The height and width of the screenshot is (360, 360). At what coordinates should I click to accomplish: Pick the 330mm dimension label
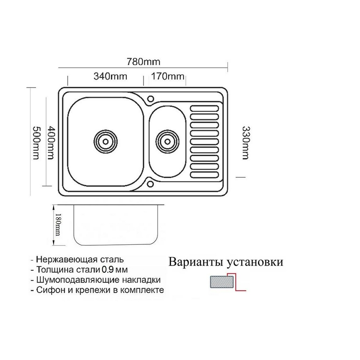[x=245, y=141]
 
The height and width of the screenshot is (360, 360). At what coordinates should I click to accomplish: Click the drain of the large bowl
[x=105, y=140]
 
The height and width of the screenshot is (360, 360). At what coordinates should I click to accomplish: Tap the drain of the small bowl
[x=168, y=140]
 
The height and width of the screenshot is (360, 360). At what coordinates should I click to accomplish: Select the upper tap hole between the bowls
[x=151, y=98]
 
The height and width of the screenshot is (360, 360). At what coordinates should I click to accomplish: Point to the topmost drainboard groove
[x=205, y=108]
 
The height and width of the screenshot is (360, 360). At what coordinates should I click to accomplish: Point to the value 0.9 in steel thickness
[x=108, y=270]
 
